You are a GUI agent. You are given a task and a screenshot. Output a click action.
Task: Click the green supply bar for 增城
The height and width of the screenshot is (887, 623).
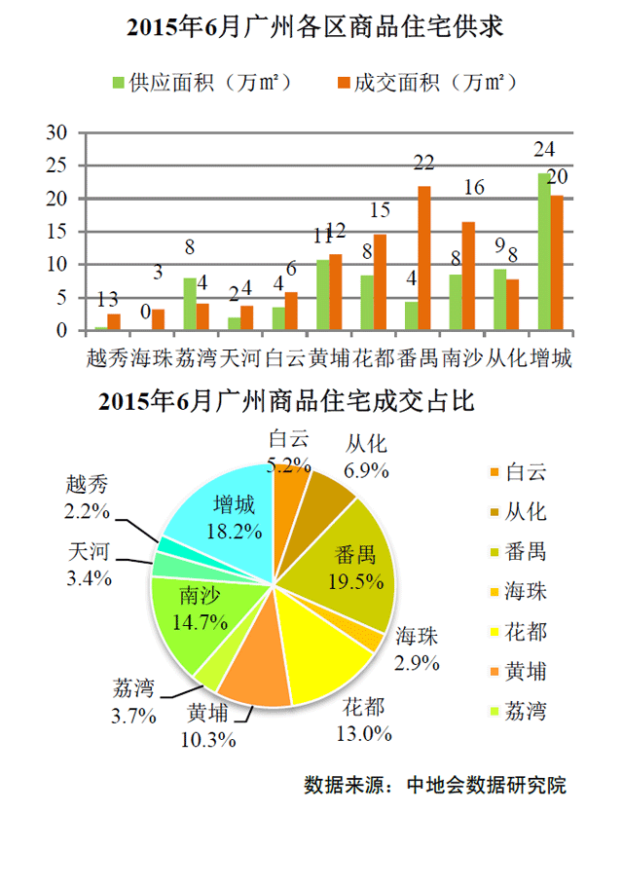(543, 252)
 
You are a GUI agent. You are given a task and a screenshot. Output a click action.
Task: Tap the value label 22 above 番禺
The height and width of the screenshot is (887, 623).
(423, 163)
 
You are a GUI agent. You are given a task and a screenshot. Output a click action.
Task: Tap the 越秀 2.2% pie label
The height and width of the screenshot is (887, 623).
(89, 496)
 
